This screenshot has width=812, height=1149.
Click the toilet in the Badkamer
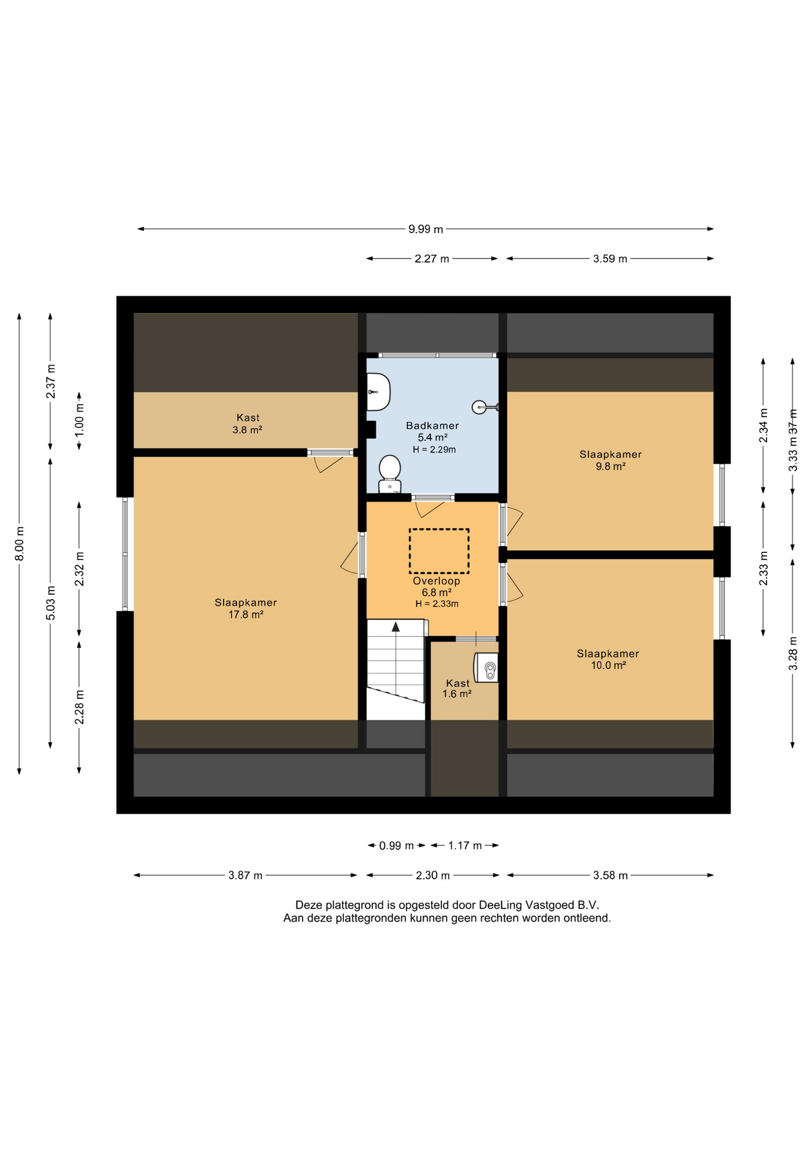point(389,474)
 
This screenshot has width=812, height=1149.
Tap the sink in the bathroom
point(378,392)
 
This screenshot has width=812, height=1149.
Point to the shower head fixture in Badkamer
point(485,408)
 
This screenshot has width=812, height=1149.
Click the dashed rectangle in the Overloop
point(439,551)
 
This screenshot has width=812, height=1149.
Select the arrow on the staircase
point(395,627)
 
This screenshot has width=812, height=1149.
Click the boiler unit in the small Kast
point(486,667)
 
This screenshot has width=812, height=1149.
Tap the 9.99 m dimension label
point(426,229)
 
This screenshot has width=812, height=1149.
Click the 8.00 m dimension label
point(20,544)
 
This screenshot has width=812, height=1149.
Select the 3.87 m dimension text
point(245,876)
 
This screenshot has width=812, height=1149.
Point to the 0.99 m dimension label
point(396,846)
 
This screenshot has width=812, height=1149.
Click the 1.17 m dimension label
point(465,846)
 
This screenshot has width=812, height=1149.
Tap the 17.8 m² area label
point(246,615)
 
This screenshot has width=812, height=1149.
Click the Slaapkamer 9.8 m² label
point(610,460)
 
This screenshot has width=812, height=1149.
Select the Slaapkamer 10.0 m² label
point(608,659)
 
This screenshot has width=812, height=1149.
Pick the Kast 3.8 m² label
point(248,424)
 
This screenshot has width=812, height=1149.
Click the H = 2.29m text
point(434,449)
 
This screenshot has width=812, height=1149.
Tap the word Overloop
point(436,581)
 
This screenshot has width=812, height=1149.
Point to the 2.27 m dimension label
point(432,259)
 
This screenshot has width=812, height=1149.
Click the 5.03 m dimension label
point(51,603)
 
